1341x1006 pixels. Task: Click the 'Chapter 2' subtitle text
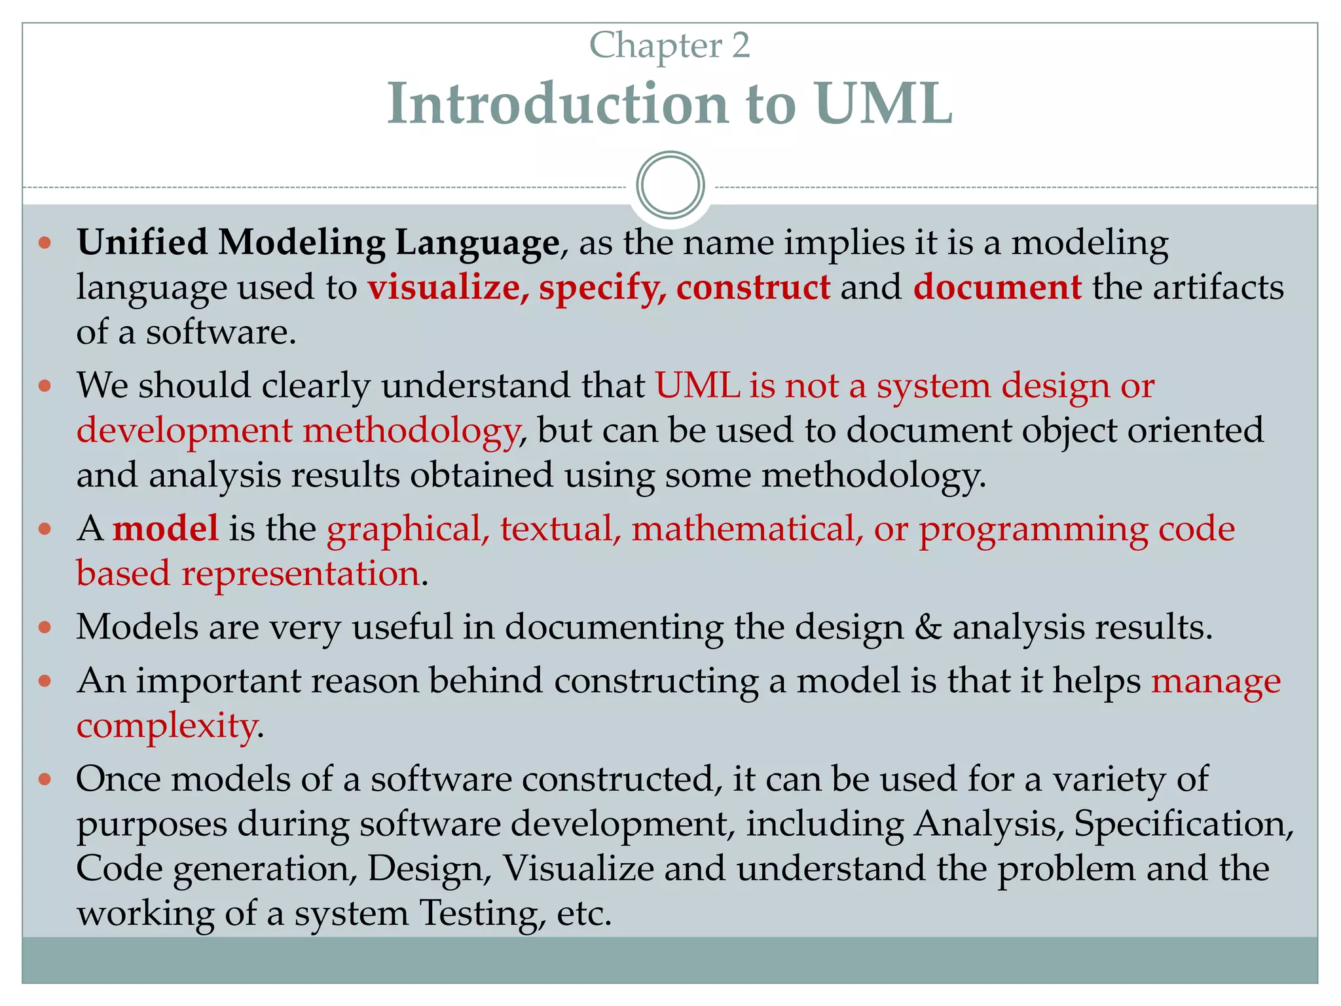[x=669, y=46]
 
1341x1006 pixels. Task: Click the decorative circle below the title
[x=670, y=185]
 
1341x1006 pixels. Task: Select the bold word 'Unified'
[x=142, y=242]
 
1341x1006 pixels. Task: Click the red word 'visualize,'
[x=444, y=288]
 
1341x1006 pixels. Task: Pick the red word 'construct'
[x=753, y=288]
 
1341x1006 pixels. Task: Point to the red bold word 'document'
[x=997, y=288]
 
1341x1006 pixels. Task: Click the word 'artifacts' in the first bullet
[x=1218, y=288]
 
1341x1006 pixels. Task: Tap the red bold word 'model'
[x=166, y=529]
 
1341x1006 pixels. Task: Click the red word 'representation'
[x=301, y=574]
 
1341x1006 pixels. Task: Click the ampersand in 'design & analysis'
[x=928, y=627]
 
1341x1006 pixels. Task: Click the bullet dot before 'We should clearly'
[x=45, y=386]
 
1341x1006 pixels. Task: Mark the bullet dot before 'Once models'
[x=45, y=779]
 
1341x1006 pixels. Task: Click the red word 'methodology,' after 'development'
[x=411, y=431]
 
